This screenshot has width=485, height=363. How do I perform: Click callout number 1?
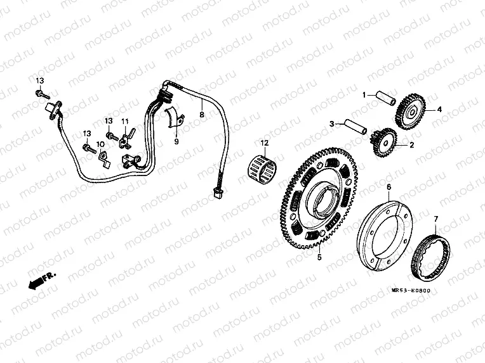(x=365, y=95)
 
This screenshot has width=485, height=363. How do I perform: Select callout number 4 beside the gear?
(x=438, y=108)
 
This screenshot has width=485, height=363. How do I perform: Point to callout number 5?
(x=319, y=258)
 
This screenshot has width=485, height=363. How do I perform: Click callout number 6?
(x=389, y=186)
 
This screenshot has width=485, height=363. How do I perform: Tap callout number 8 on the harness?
(x=202, y=115)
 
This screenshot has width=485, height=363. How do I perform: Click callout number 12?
(x=265, y=143)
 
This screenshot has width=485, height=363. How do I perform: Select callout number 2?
(x=411, y=145)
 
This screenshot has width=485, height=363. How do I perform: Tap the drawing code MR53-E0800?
(x=411, y=291)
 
